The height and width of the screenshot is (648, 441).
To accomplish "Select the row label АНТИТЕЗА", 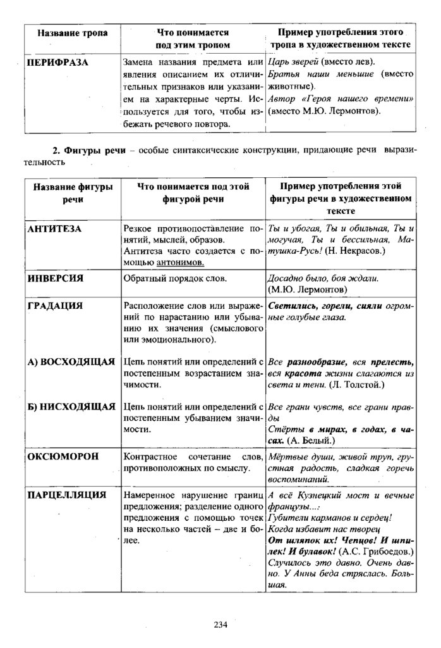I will pyautogui.click(x=55, y=228).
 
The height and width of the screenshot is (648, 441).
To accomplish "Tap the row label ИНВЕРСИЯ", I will pyautogui.click(x=56, y=278).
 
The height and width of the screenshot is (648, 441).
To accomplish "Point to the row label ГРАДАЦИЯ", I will pyautogui.click(x=55, y=305).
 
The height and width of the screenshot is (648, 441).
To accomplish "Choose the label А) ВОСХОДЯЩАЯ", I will pyautogui.click(x=71, y=361).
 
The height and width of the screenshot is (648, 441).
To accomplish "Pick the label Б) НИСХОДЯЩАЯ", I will pyautogui.click(x=71, y=406).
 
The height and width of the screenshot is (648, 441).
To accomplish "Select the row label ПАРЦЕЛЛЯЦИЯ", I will pyautogui.click(x=66, y=494).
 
